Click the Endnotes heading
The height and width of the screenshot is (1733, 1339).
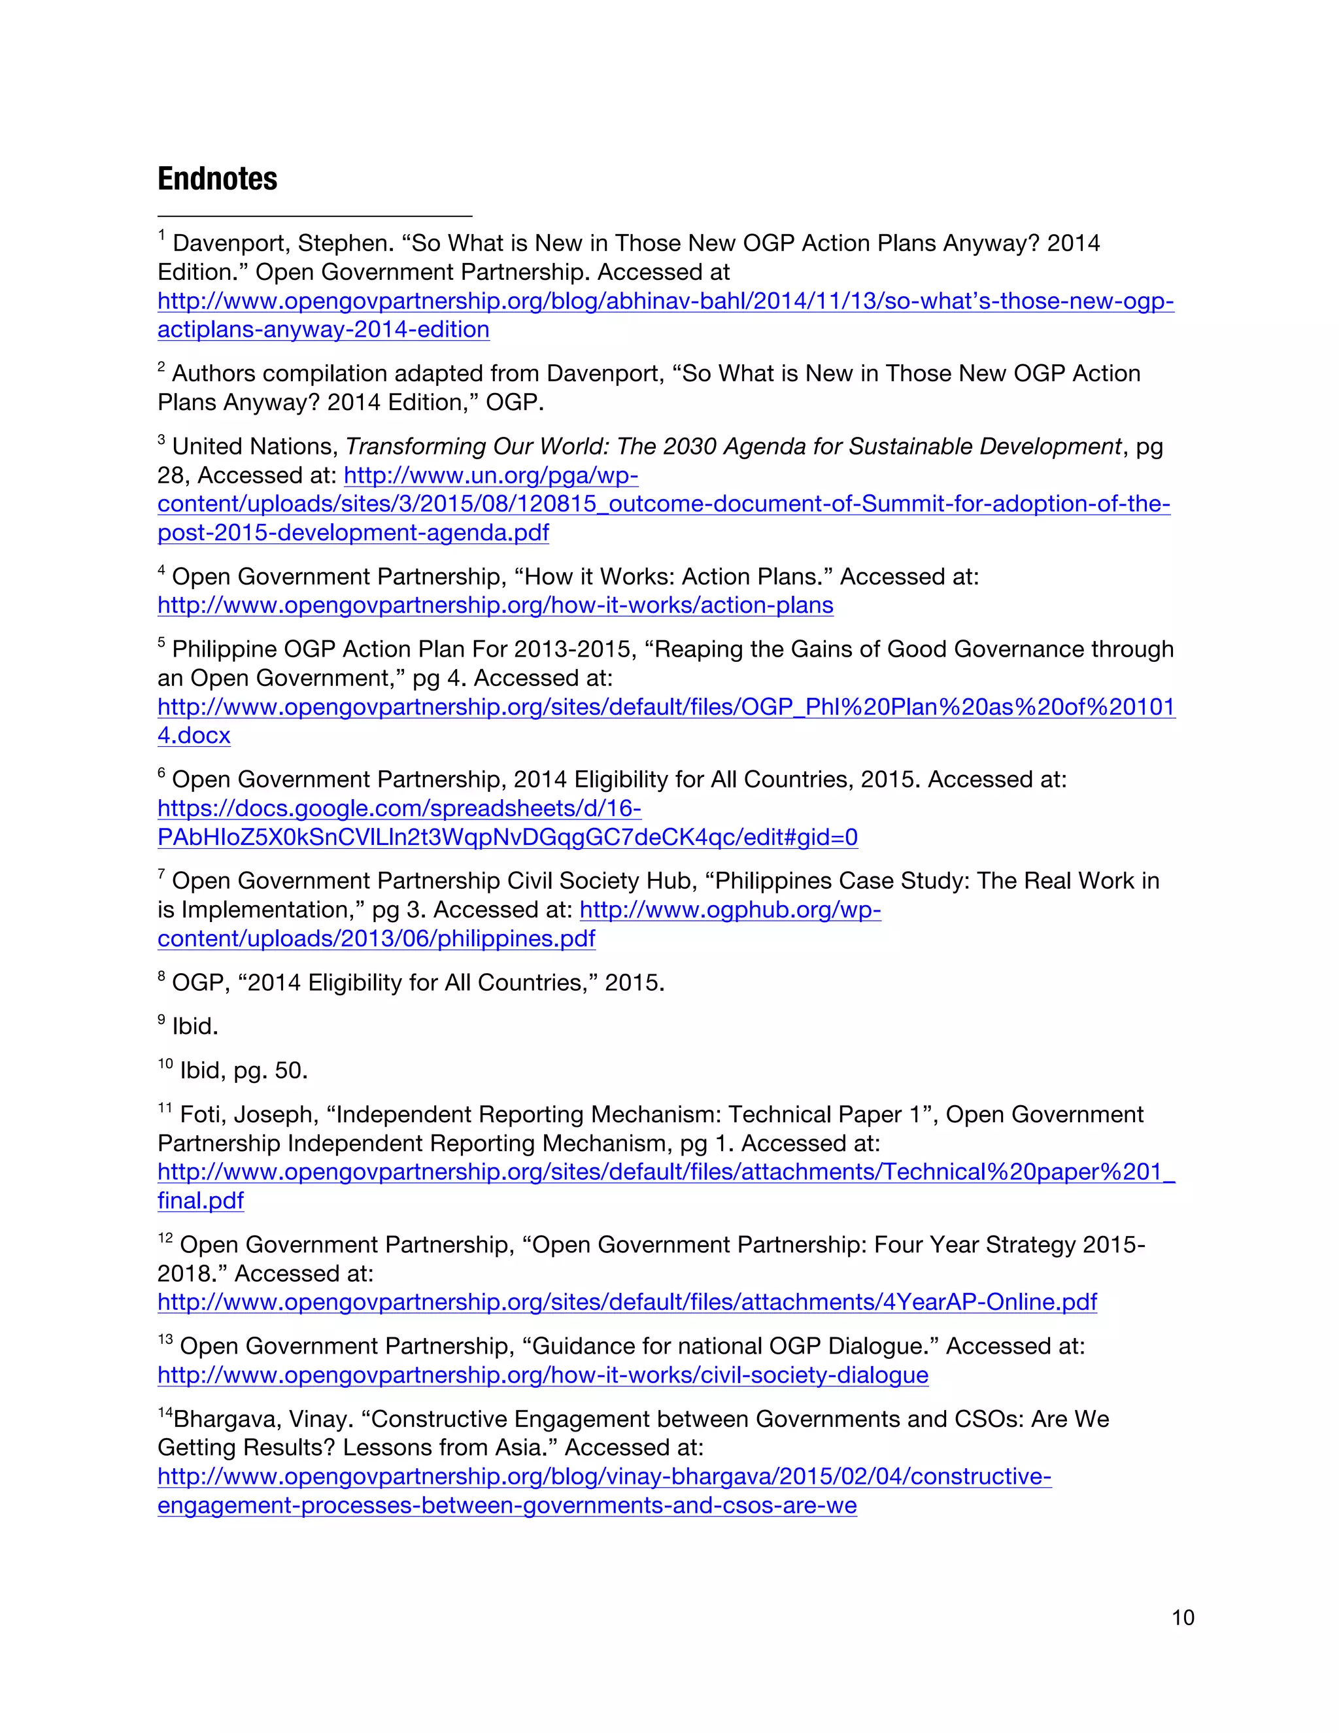point(217,179)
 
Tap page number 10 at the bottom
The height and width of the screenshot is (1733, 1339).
point(1182,1617)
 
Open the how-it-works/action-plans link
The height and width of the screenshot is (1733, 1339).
point(495,605)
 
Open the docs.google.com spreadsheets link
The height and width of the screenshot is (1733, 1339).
point(399,808)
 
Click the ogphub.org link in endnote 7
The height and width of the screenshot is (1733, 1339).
point(730,910)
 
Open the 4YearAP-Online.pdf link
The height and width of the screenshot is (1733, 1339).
point(626,1302)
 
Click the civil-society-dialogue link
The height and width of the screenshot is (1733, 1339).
point(543,1375)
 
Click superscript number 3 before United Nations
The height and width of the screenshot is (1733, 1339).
point(162,440)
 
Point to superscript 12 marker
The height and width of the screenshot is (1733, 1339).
point(165,1239)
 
